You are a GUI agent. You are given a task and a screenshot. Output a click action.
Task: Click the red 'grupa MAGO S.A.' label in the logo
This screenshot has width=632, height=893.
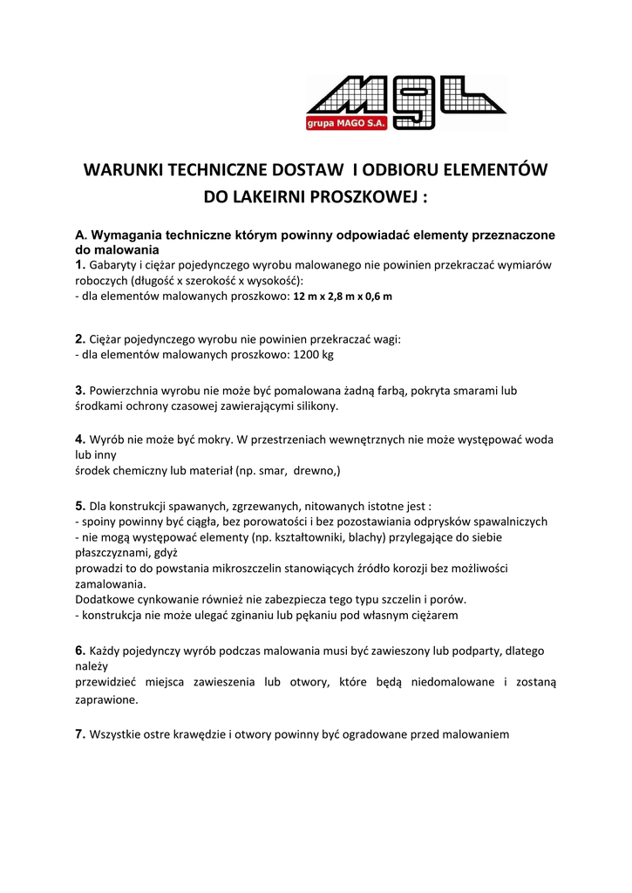[x=340, y=124]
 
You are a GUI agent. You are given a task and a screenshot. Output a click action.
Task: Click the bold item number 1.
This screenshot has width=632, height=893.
[x=80, y=264]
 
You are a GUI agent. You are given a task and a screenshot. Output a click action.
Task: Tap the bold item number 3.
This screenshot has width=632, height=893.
[x=80, y=391]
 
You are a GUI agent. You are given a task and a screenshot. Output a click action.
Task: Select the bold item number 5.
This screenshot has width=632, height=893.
[x=80, y=505]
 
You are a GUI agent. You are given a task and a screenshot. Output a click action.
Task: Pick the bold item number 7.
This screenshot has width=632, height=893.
[x=80, y=734]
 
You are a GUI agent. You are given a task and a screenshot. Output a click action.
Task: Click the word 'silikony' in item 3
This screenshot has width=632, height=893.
[x=315, y=406]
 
